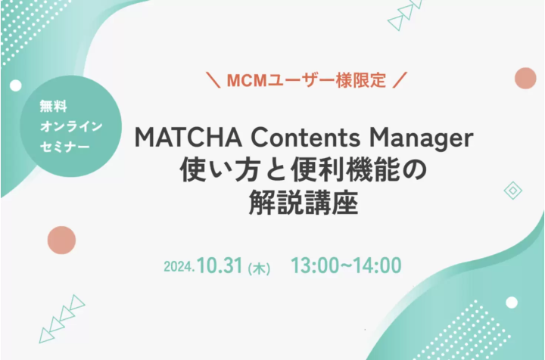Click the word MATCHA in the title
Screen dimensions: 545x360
point(188,138)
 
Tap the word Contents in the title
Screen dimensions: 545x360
point(306,138)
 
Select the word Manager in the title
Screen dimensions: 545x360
point(422,139)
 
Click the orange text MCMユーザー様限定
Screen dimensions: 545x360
point(307,80)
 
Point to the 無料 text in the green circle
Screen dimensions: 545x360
point(53,106)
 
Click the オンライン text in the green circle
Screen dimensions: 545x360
point(71,126)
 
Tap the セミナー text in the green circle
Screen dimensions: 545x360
point(64,147)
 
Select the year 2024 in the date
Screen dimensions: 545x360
point(179,267)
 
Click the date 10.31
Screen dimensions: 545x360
point(220,265)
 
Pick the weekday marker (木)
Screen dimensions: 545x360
point(259,268)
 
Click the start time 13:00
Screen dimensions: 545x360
point(315,265)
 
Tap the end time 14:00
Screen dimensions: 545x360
point(378,265)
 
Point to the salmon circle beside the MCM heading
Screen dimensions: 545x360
point(525,78)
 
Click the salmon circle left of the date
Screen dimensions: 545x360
point(61,241)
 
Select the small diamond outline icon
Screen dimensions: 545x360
point(513,191)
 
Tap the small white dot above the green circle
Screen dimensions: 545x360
point(16,85)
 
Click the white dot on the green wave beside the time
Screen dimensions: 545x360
point(511,303)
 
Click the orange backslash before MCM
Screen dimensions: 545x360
point(213,80)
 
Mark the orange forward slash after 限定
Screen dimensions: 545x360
point(400,80)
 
